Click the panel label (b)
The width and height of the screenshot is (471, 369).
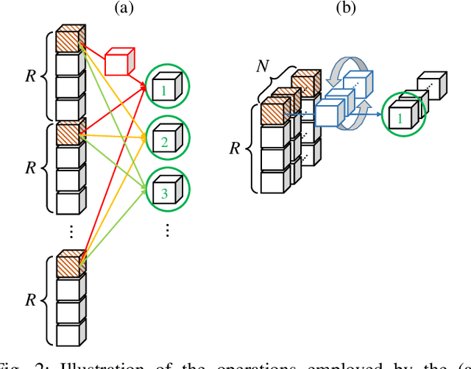pyautogui.click(x=344, y=10)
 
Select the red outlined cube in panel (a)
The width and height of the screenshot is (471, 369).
pyautogui.click(x=119, y=63)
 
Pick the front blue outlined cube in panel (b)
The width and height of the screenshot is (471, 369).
pyautogui.click(x=330, y=114)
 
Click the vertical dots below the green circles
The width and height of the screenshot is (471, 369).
pyautogui.click(x=168, y=231)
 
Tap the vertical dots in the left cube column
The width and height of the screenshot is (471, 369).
pyautogui.click(x=70, y=231)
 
